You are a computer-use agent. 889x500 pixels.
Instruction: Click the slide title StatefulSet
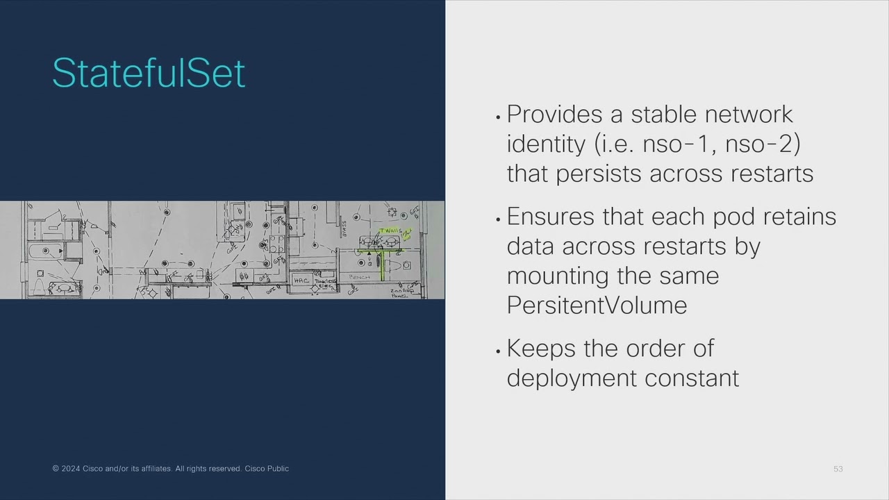tap(149, 74)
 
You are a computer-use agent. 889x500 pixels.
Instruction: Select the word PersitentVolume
tap(597, 305)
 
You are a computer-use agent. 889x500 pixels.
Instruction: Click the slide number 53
tap(838, 469)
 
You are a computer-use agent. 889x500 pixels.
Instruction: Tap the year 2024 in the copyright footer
tap(70, 469)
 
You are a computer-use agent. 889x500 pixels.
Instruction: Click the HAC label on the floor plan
tap(301, 281)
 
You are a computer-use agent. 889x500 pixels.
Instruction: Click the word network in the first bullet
tap(748, 114)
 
